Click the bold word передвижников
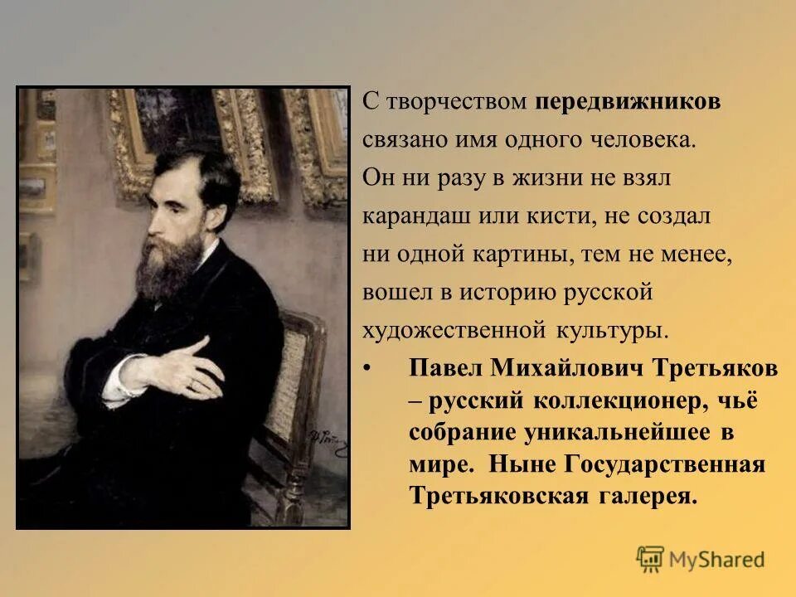coord(628,102)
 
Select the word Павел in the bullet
coord(446,367)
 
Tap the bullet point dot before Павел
coord(367,367)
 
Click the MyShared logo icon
coord(651,560)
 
